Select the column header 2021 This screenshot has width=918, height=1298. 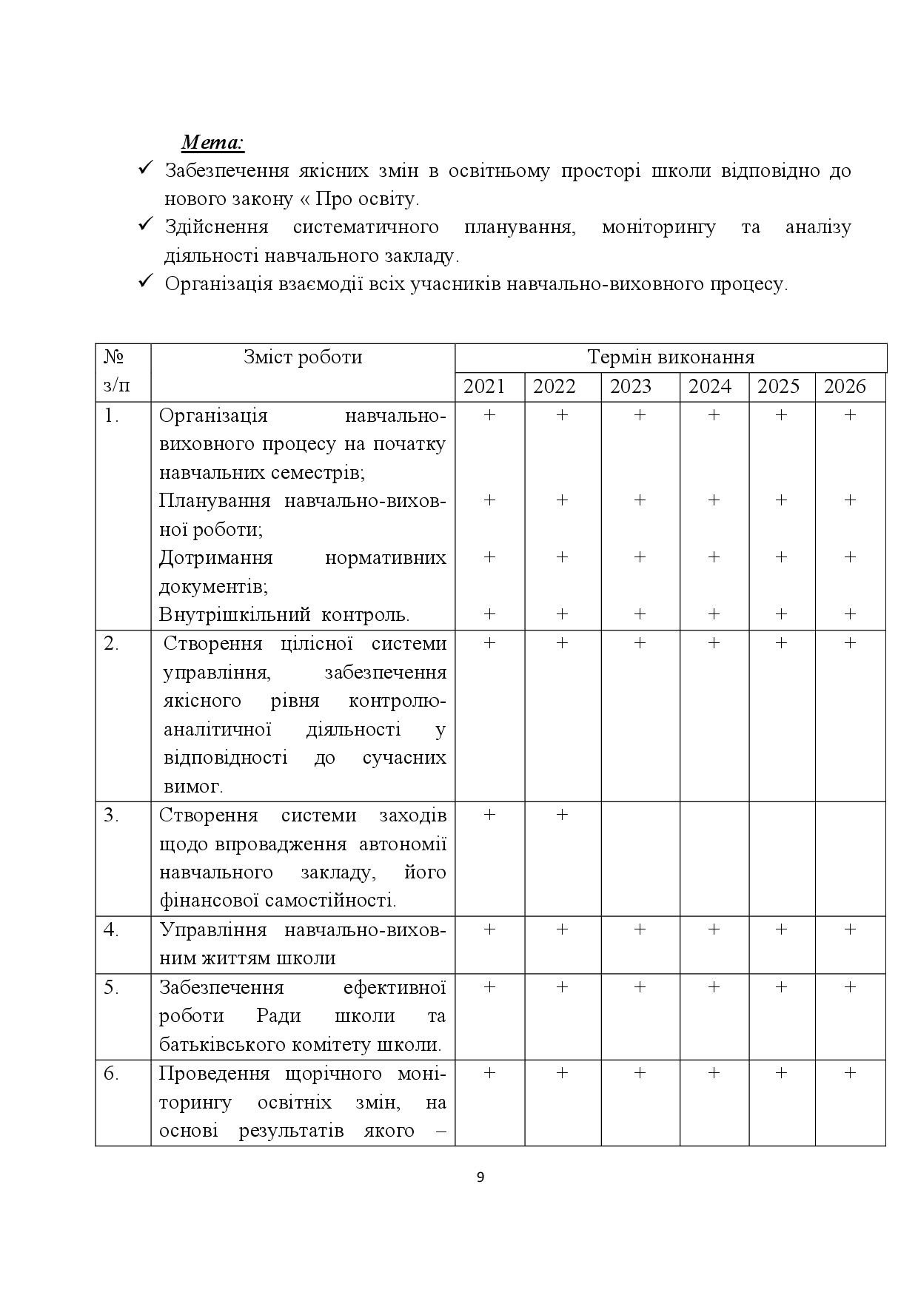click(484, 386)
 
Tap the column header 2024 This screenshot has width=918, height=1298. click(710, 386)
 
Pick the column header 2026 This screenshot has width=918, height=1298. click(845, 386)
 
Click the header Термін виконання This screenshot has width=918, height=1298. click(671, 357)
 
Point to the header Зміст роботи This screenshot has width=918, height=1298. click(303, 357)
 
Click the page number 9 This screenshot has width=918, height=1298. click(480, 1177)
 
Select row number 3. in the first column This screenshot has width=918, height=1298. click(112, 816)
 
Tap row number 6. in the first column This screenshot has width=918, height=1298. click(112, 1074)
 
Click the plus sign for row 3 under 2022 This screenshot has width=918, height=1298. click(562, 815)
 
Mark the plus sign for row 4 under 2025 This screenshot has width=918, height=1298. click(781, 929)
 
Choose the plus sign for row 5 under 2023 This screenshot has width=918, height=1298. click(640, 987)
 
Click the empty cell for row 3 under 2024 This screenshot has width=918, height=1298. click(714, 858)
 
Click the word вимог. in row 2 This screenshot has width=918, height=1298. click(192, 786)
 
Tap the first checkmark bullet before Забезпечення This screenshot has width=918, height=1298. click(146, 169)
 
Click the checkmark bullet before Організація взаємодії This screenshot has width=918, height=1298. click(146, 283)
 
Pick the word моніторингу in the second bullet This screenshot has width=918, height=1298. click(659, 227)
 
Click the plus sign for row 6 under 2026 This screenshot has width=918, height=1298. click(850, 1073)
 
